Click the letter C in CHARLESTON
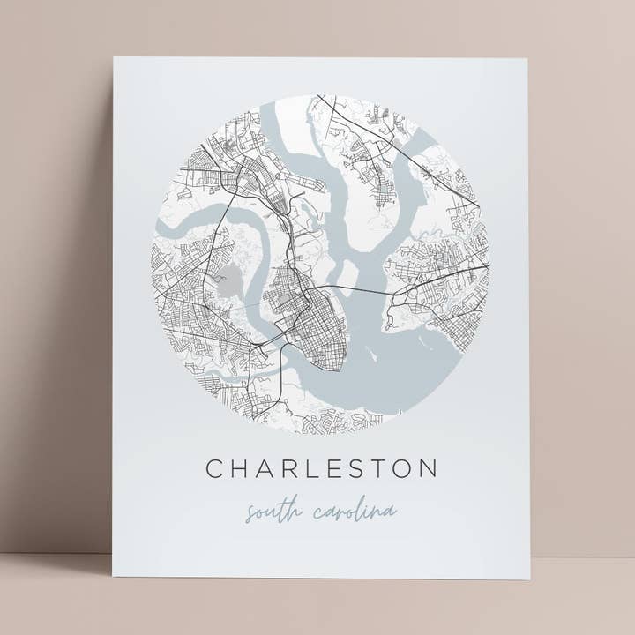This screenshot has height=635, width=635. pos(214,468)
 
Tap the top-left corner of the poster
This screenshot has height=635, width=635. pos(115,58)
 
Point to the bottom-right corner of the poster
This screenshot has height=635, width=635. pos(530,579)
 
